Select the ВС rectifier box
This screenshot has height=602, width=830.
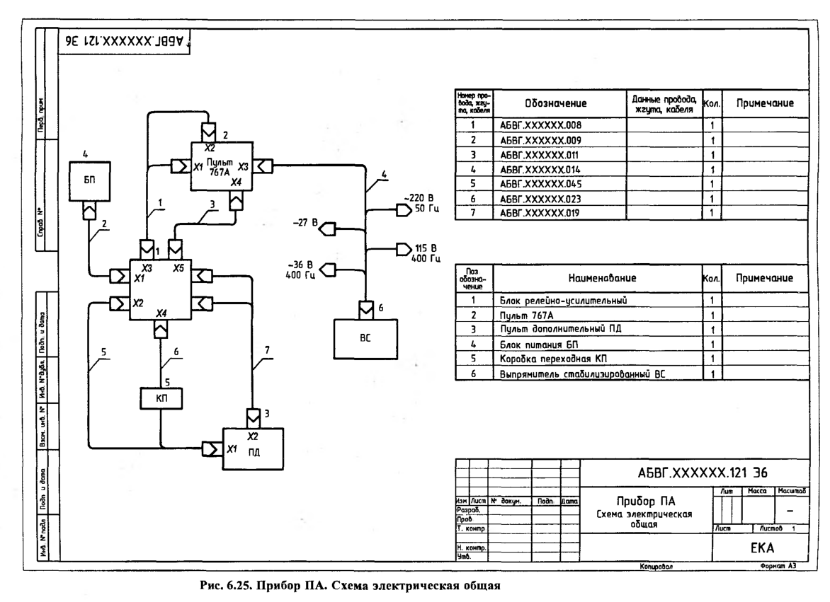click(364, 337)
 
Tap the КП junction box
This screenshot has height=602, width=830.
click(161, 398)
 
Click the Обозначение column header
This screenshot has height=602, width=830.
click(559, 104)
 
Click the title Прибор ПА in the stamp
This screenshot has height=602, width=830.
click(644, 502)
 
